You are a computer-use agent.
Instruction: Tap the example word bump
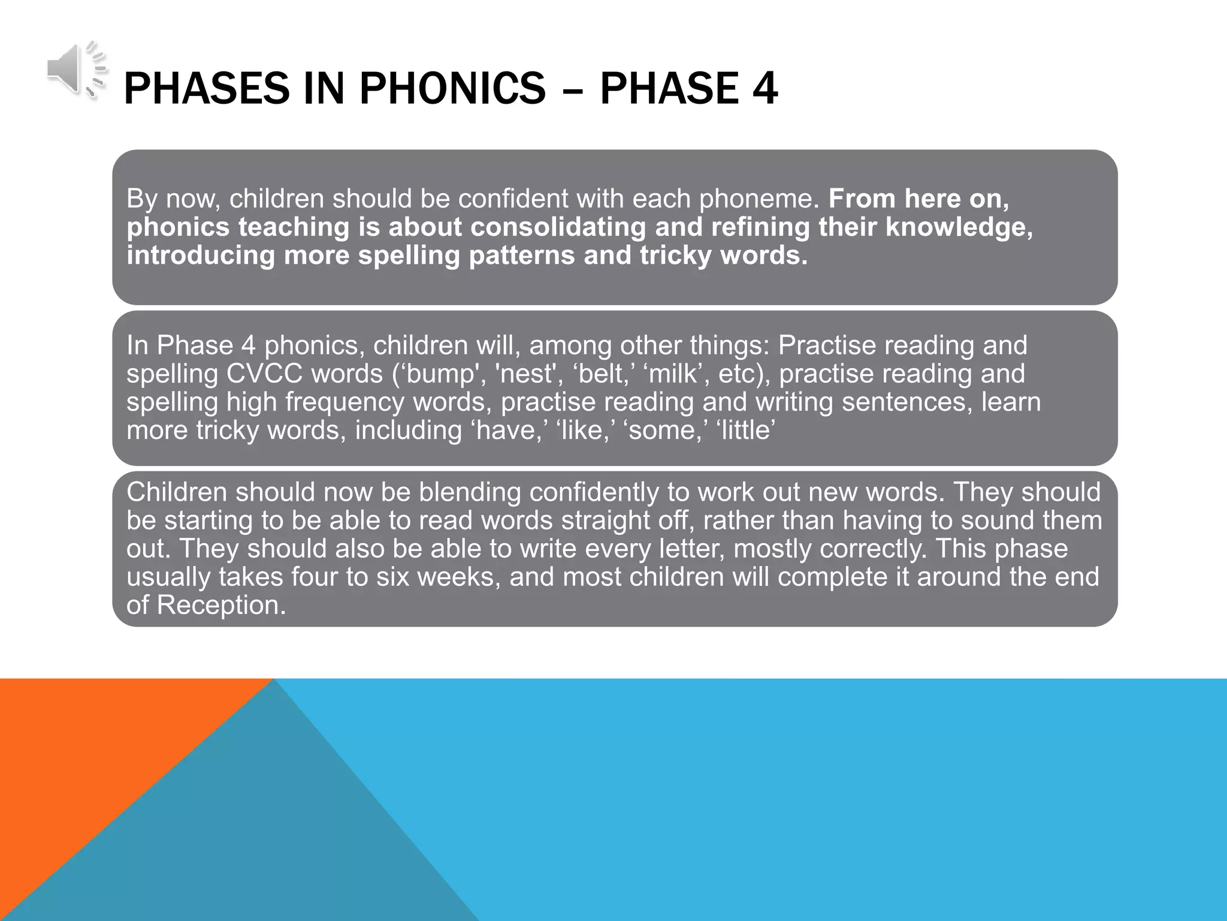440,374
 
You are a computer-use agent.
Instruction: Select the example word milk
672,374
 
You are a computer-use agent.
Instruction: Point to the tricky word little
745,430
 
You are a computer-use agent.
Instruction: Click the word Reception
221,605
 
